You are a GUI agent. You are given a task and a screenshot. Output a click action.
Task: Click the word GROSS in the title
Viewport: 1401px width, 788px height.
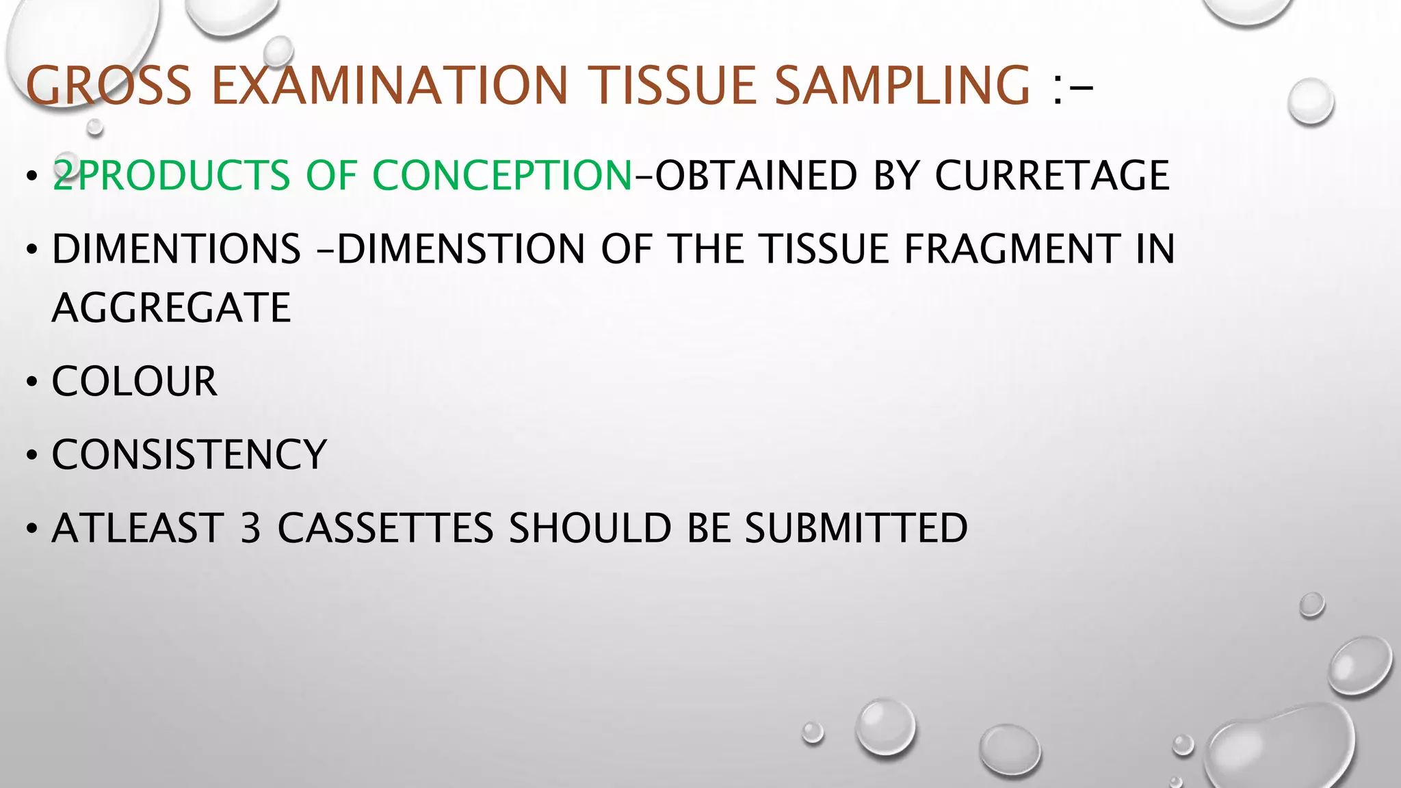click(109, 86)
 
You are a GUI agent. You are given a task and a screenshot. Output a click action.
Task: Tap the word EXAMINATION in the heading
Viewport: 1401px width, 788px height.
click(390, 86)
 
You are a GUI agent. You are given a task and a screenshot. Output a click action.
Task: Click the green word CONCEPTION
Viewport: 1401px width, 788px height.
click(502, 175)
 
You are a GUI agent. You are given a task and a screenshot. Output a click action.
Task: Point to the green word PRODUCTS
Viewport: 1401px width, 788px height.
click(185, 175)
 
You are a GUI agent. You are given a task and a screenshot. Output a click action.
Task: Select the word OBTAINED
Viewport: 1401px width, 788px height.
click(756, 175)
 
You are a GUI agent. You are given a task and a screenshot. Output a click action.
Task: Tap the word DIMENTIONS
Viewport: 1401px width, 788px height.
click(176, 248)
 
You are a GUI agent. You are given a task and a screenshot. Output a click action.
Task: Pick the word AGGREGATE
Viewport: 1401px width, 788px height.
click(172, 308)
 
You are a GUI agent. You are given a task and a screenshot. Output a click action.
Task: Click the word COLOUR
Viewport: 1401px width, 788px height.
click(134, 382)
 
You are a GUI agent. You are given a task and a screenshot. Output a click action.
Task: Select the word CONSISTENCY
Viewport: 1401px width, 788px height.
click(189, 455)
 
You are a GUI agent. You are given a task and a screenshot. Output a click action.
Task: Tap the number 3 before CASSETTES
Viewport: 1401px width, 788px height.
click(250, 529)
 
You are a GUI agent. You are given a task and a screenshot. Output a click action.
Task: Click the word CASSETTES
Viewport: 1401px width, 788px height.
click(385, 529)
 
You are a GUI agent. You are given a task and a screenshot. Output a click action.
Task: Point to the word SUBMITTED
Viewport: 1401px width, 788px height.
click(856, 529)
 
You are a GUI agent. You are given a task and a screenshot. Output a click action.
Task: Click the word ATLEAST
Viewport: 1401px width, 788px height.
click(138, 529)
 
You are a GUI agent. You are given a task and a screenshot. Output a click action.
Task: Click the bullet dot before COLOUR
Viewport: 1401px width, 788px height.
click(32, 382)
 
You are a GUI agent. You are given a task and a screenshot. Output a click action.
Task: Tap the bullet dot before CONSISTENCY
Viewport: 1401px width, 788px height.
click(32, 456)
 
